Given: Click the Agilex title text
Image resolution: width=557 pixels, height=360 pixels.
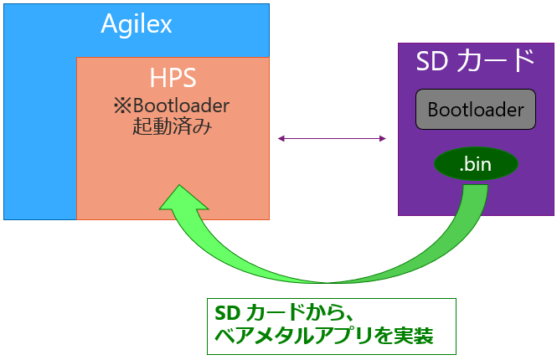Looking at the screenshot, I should pos(137,24).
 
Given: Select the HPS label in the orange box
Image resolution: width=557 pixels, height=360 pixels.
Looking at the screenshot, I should pos(173,79).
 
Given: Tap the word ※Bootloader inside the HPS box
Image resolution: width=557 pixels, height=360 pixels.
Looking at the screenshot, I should pos(173,106).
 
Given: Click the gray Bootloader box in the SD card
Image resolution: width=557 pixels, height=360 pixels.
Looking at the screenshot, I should pos(475,109).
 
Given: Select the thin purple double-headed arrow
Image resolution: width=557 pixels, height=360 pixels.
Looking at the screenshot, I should pos(332,137).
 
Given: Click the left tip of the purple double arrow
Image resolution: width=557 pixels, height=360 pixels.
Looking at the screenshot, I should pos(280,137).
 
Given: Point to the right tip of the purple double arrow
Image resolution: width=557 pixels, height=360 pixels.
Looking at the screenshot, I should pos(384,137).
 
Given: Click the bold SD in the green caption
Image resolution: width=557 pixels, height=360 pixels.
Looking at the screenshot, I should pos(227,314).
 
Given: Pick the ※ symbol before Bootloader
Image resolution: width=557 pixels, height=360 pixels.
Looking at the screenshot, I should pos(121,107).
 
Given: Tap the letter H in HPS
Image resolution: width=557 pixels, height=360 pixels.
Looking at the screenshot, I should pos(157,79).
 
